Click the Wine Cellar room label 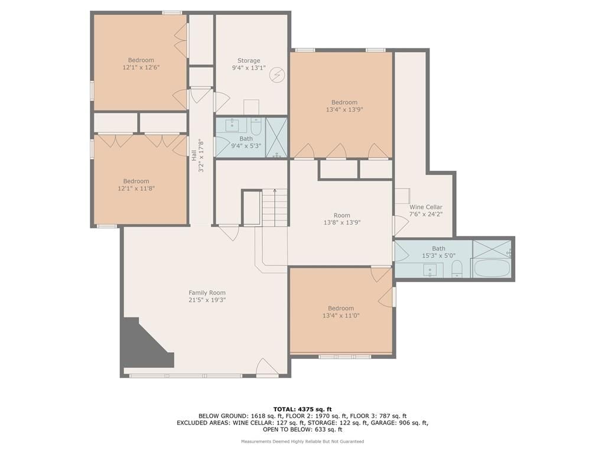pos(425,207)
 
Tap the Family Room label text pos(207,293)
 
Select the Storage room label pos(249,61)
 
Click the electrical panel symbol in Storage pos(277,75)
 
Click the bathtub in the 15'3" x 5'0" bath pos(492,268)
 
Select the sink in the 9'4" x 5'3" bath pos(233,124)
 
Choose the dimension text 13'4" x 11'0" pos(341,316)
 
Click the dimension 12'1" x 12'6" pos(141,67)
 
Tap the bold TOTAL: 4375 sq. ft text pos(302,409)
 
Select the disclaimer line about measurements pos(302,441)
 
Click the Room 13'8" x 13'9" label pos(342,219)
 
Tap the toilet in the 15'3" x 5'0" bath pos(457,268)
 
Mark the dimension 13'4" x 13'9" pos(344,109)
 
